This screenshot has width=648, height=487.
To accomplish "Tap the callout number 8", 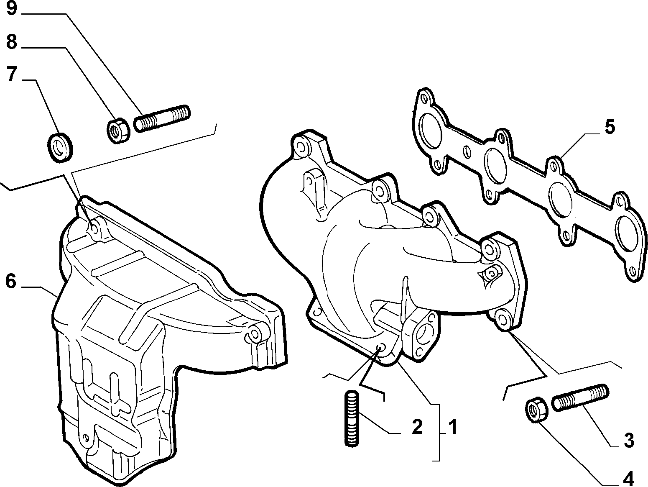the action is coord(12,42).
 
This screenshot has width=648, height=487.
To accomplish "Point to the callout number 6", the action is coord(11,282).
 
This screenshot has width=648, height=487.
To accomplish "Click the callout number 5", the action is coord(609,127).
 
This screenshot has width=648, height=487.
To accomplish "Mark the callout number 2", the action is coord(417,427).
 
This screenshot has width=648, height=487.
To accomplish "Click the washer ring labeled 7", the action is coord(60,147).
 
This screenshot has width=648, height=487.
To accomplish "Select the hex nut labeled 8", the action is coord(118,130).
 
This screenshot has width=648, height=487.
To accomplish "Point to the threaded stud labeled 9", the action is coord(162,118).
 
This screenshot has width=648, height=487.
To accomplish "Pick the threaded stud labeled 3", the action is coord(580,397).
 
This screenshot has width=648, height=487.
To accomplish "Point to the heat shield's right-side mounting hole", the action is coord(254,333).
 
